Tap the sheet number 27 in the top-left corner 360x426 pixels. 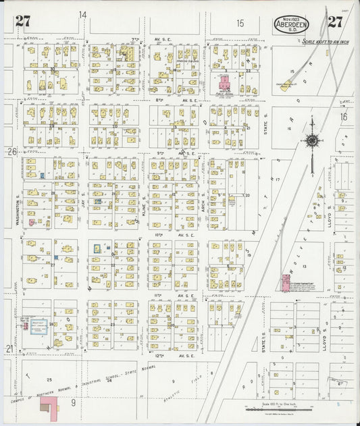22,21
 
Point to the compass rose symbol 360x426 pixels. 311,140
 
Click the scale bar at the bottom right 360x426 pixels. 276,409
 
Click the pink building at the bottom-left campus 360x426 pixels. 48,404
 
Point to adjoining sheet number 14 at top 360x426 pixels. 82,14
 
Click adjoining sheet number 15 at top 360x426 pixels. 240,23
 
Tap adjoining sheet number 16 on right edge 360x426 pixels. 343,117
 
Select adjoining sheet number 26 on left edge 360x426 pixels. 11,152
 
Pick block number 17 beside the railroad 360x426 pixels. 278,180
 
